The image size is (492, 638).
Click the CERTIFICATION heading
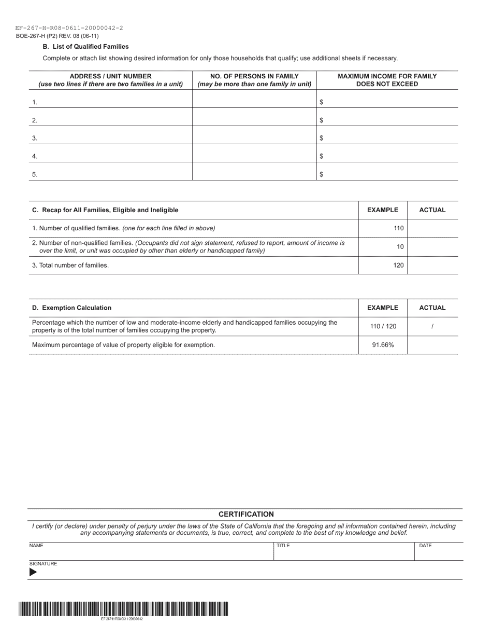(x=246, y=515)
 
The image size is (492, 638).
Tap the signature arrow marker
(x=33, y=573)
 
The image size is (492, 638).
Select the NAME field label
(x=36, y=546)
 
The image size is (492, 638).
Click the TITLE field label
(x=283, y=546)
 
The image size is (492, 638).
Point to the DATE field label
(x=425, y=546)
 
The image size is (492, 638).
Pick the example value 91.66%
(x=383, y=345)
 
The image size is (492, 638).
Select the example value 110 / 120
(x=383, y=326)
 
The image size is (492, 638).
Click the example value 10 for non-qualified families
(x=400, y=247)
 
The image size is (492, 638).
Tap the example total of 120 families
(x=398, y=265)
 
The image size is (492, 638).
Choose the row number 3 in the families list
(x=35, y=138)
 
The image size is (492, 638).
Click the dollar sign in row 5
(x=322, y=175)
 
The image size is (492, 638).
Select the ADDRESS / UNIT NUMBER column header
(x=110, y=80)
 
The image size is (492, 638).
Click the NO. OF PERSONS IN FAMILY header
(x=254, y=80)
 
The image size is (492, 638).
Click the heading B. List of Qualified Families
(x=85, y=47)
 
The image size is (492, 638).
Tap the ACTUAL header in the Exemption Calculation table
(x=432, y=308)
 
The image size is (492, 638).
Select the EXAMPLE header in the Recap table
(x=383, y=210)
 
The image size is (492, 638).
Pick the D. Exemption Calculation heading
(x=71, y=308)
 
